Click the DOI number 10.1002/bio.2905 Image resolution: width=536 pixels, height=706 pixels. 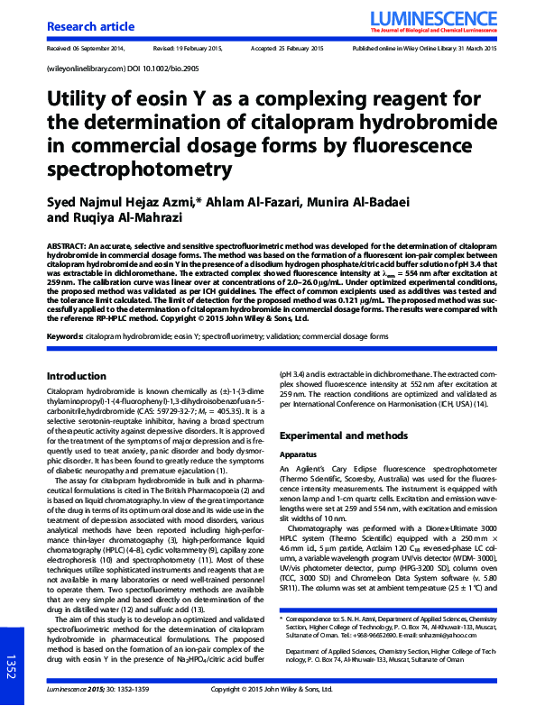tap(170, 69)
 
